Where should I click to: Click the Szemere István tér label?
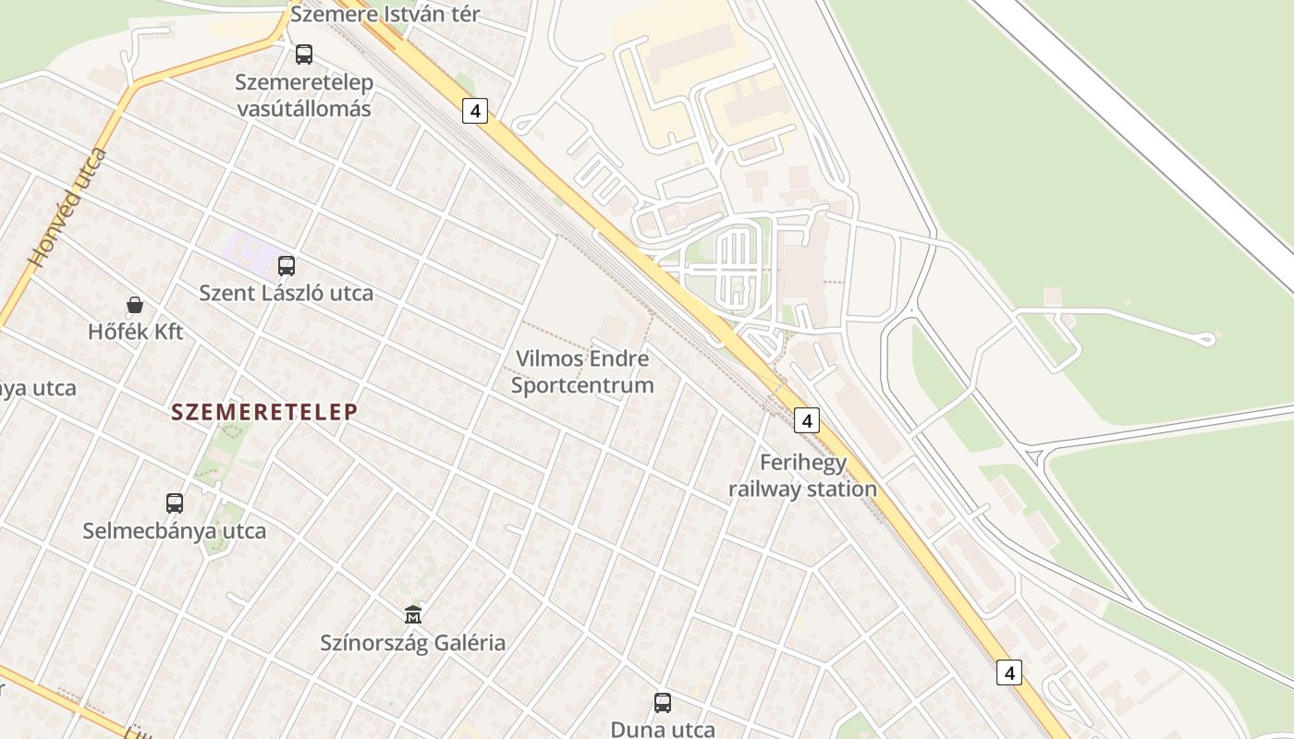tap(385, 15)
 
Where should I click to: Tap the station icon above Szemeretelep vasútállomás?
tap(304, 55)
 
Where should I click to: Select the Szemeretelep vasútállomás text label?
tap(304, 95)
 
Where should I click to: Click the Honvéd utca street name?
tap(67, 208)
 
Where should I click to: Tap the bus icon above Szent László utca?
tap(287, 266)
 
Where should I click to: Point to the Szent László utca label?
tap(287, 294)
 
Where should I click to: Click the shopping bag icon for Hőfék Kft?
tap(135, 305)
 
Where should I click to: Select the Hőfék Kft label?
tap(136, 332)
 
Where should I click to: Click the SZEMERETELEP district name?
tap(264, 413)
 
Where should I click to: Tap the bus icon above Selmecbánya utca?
tap(175, 503)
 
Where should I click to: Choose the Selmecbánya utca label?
tap(175, 531)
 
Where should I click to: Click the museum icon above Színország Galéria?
tap(413, 614)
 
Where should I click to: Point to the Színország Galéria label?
tap(413, 643)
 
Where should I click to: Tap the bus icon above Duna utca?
tap(663, 703)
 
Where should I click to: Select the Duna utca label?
tap(663, 729)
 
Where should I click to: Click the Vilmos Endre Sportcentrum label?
tap(582, 372)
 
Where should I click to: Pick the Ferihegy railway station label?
tap(802, 476)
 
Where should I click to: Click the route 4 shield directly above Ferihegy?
tap(807, 420)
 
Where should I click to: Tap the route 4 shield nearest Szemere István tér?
tap(475, 111)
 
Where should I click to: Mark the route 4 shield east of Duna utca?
tap(1009, 672)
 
